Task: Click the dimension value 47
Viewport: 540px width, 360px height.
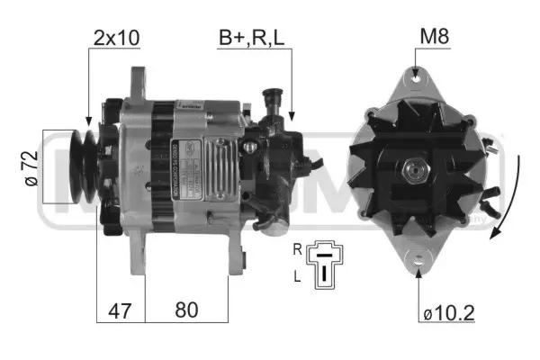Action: [x=121, y=310]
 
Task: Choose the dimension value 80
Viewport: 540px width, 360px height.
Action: [x=186, y=310]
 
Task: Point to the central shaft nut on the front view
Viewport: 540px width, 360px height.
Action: [x=416, y=169]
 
